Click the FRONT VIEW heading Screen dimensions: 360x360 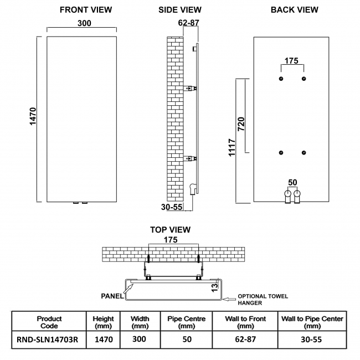click(85, 9)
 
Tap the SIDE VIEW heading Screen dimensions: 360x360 click(180, 9)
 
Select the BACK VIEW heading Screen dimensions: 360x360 click(294, 9)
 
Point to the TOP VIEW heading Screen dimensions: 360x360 click(170, 229)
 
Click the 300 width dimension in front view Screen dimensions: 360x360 click(85, 23)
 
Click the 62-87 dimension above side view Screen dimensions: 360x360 click(188, 23)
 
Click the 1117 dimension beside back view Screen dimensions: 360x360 click(232, 148)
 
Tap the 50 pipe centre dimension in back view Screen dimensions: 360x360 click(292, 182)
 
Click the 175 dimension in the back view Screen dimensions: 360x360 click(292, 60)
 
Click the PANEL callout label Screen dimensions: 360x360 click(112, 296)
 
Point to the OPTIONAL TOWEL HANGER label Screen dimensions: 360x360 click(263, 300)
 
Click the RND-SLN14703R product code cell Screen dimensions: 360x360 click(49, 339)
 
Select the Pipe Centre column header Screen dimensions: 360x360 click(187, 322)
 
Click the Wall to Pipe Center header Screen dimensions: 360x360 click(312, 322)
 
